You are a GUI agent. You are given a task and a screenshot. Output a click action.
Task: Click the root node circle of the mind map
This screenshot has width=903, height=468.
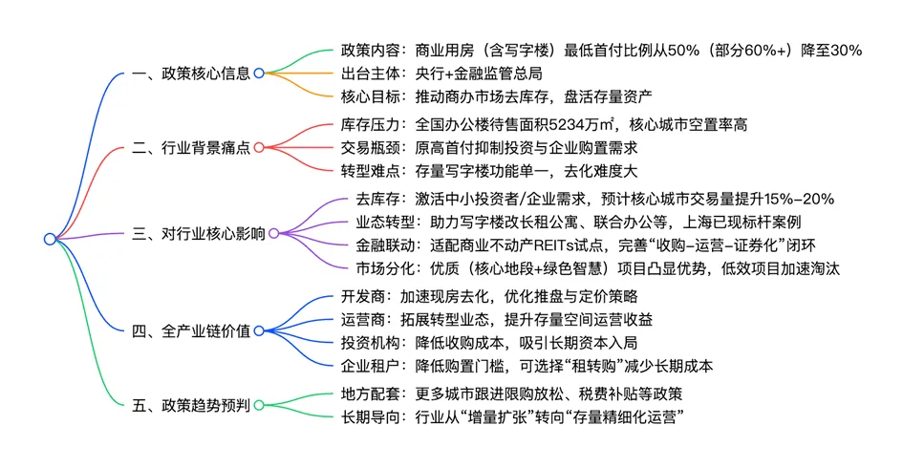[x=50, y=239]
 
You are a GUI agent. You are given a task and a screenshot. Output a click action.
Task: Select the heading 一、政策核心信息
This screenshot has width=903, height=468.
[x=191, y=73]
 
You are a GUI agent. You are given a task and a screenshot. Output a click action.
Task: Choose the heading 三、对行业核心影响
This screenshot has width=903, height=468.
[x=198, y=233]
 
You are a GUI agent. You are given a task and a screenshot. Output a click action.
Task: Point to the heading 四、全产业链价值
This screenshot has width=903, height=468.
[x=191, y=330]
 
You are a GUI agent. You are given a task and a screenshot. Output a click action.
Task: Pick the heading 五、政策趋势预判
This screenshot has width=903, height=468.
[x=191, y=405]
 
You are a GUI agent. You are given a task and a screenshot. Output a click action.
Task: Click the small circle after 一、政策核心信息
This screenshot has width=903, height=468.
[x=258, y=73]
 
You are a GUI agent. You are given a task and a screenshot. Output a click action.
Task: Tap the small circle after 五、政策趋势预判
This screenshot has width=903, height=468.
[x=258, y=405]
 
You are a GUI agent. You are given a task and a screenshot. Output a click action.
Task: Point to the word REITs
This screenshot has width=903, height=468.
[x=547, y=245]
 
